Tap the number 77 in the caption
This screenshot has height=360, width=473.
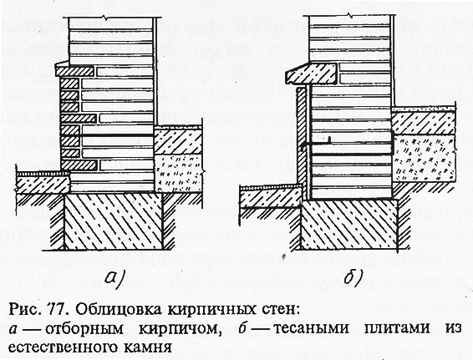pyautogui.click(x=56, y=310)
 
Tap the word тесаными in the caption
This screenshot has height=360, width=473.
pyautogui.click(x=312, y=328)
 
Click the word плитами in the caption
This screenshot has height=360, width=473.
pyautogui.click(x=397, y=328)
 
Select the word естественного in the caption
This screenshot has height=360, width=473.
pyautogui.click(x=64, y=347)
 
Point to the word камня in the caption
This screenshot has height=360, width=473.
pyautogui.click(x=148, y=347)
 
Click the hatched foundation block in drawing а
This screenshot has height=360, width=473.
pyautogui.click(x=114, y=221)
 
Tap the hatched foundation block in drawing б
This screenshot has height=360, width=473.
pyautogui.click(x=349, y=225)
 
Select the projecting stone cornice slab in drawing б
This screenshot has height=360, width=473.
pyautogui.click(x=313, y=74)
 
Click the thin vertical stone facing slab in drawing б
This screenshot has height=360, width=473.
pyautogui.click(x=303, y=142)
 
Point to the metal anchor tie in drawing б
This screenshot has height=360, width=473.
pyautogui.click(x=347, y=145)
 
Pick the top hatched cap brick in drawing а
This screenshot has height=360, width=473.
pyautogui.click(x=74, y=72)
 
